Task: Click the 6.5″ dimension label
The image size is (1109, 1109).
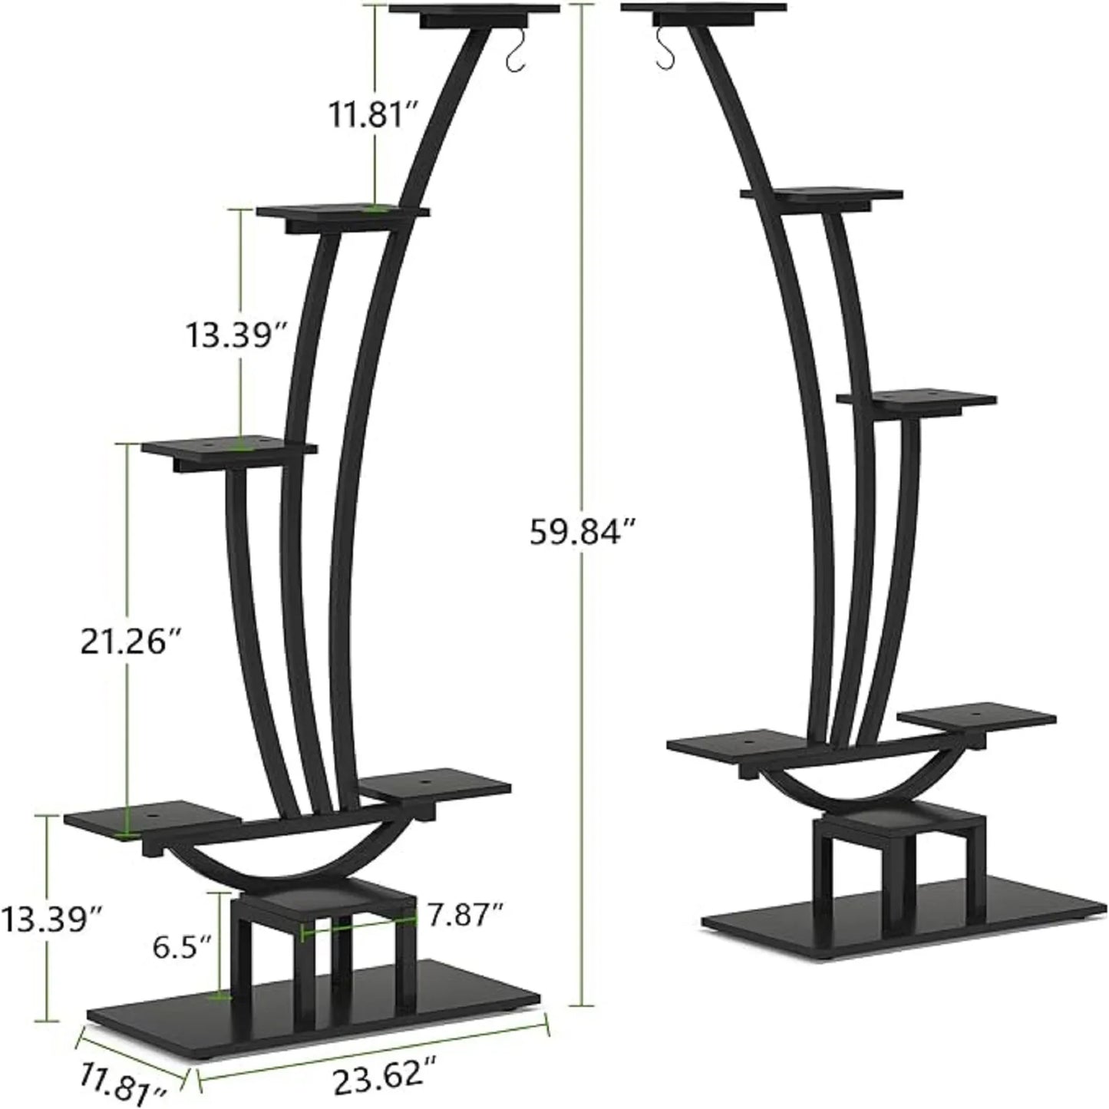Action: [181, 947]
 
